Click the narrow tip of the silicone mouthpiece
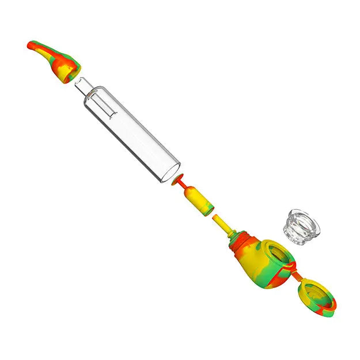(x=32, y=44)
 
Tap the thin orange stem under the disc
(x=183, y=190)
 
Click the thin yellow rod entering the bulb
(x=223, y=225)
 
